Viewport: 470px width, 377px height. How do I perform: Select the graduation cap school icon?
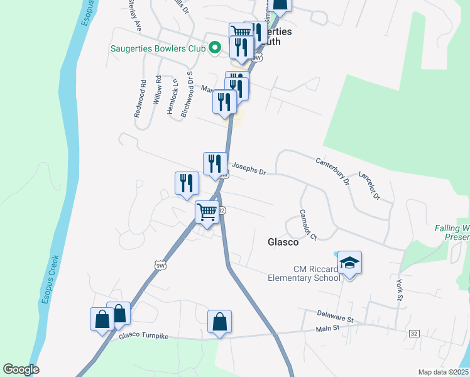[349, 263]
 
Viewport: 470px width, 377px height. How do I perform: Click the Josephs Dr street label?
[249, 169]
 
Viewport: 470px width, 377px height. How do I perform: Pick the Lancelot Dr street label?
[369, 185]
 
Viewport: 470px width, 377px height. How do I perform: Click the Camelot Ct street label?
[306, 224]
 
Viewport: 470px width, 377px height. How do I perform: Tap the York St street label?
[399, 290]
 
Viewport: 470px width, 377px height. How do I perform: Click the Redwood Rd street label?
[139, 99]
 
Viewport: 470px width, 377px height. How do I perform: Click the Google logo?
[21, 369]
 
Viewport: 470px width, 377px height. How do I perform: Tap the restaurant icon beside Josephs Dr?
[214, 163]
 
